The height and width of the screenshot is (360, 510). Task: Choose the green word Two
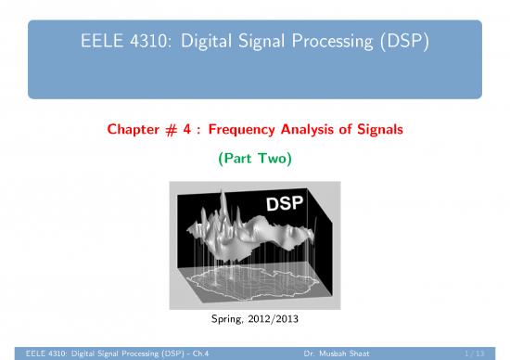tap(275, 161)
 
